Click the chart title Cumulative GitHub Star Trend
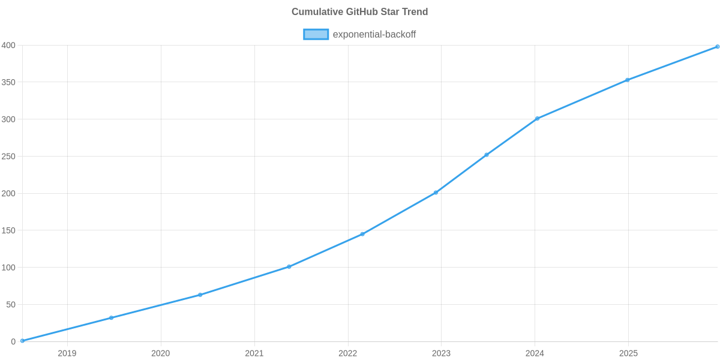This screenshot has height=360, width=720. (x=359, y=12)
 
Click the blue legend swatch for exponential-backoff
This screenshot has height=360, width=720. (x=316, y=34)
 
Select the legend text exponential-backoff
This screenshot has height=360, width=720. (x=374, y=34)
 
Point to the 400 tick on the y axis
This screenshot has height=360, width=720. (x=8, y=46)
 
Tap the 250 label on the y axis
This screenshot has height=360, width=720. (x=8, y=157)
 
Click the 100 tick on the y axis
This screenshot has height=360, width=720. (x=8, y=268)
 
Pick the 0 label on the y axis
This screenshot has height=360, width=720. (x=13, y=342)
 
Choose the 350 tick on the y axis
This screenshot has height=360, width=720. (x=8, y=83)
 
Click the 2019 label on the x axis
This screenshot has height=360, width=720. (x=67, y=353)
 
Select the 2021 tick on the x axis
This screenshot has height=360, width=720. (x=254, y=353)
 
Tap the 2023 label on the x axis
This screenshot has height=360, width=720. (x=441, y=353)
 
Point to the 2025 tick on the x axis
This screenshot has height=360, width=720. (x=628, y=353)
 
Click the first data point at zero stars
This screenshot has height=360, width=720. (x=22, y=341)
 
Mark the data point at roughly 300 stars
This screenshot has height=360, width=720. (x=537, y=119)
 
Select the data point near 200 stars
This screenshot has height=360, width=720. (x=436, y=193)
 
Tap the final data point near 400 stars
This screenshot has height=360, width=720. (x=718, y=46)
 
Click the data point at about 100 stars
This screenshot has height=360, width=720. (x=289, y=266)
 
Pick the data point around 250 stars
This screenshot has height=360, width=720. (x=486, y=155)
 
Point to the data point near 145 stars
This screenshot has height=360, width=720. (x=362, y=234)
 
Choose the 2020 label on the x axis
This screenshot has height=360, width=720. (x=160, y=353)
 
